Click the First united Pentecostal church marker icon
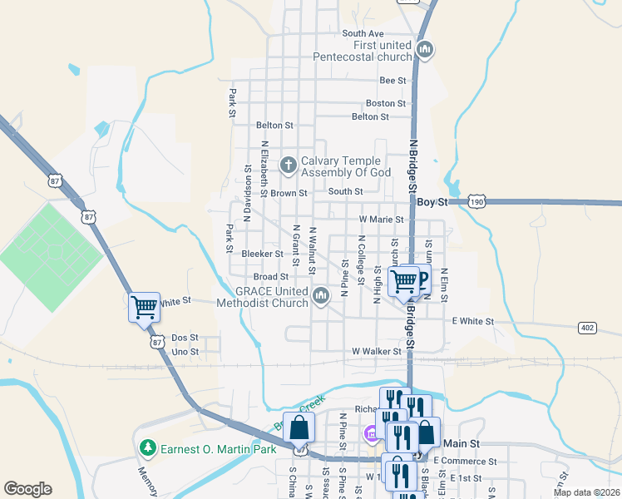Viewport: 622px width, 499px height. pyautogui.click(x=425, y=51)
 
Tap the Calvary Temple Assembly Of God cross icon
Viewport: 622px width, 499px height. pyautogui.click(x=289, y=165)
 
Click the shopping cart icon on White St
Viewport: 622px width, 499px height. pyautogui.click(x=144, y=307)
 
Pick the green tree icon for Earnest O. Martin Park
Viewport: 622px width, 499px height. pyautogui.click(x=148, y=449)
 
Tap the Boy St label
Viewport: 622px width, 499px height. pyautogui.click(x=432, y=202)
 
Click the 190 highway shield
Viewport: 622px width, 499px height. pyautogui.click(x=476, y=202)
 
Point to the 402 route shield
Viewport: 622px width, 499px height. pyautogui.click(x=587, y=328)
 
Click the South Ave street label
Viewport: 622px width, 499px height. pyautogui.click(x=363, y=34)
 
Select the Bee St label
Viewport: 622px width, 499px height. pyautogui.click(x=392, y=81)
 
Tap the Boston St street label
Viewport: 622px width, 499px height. pyautogui.click(x=386, y=104)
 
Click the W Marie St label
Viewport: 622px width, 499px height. pyautogui.click(x=381, y=220)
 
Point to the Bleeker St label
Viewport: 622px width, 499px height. pyautogui.click(x=262, y=254)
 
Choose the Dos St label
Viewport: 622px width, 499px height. pyautogui.click(x=185, y=338)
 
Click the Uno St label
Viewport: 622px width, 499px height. pyautogui.click(x=185, y=352)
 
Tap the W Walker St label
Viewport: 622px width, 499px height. pyautogui.click(x=377, y=352)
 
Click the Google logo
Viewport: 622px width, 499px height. pyautogui.click(x=27, y=489)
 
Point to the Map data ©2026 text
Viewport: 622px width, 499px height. pyautogui.click(x=586, y=492)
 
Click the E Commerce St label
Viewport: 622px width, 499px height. pyautogui.click(x=465, y=461)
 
